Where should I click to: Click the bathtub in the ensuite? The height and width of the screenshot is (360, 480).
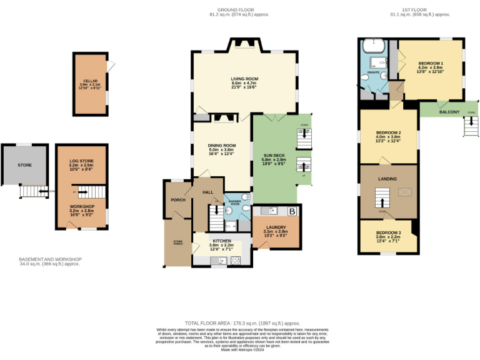pyautogui.click(x=372, y=46)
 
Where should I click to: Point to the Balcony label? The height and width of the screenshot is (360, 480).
pyautogui.click(x=449, y=112)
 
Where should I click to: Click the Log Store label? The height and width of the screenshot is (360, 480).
pyautogui.click(x=81, y=161)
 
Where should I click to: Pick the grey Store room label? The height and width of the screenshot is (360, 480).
pyautogui.click(x=25, y=165)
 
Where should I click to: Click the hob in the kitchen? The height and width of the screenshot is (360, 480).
pyautogui.click(x=236, y=259)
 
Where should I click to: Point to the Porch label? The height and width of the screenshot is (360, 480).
pyautogui.click(x=178, y=200)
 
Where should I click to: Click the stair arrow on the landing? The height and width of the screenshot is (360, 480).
pyautogui.click(x=382, y=201)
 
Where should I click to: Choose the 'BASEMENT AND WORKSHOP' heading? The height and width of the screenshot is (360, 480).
pyautogui.click(x=50, y=259)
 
